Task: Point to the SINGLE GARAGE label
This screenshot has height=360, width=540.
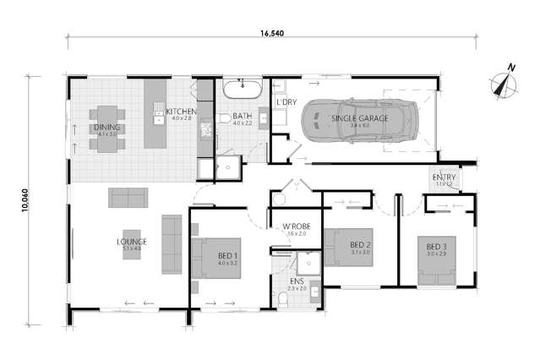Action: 360,118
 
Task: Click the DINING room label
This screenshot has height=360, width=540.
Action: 108,128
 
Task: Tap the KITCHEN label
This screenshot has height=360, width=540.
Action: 181,112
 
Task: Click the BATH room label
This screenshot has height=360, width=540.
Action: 241,118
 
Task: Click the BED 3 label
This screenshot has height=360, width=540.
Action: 437,247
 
